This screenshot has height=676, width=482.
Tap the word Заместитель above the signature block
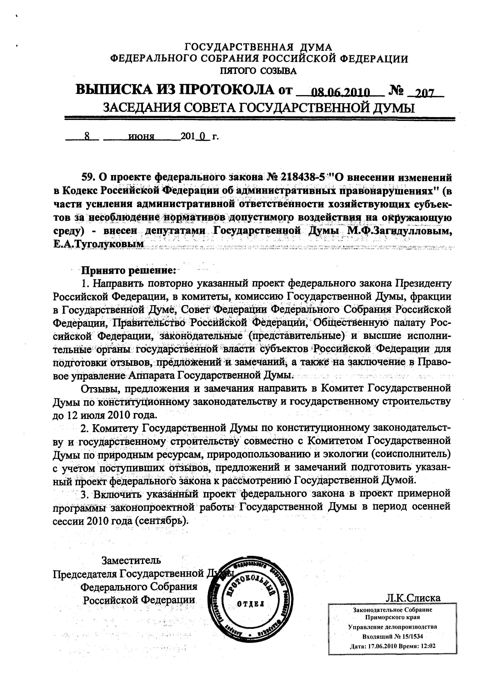click(x=132, y=560)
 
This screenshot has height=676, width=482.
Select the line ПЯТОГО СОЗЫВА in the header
click(x=258, y=71)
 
